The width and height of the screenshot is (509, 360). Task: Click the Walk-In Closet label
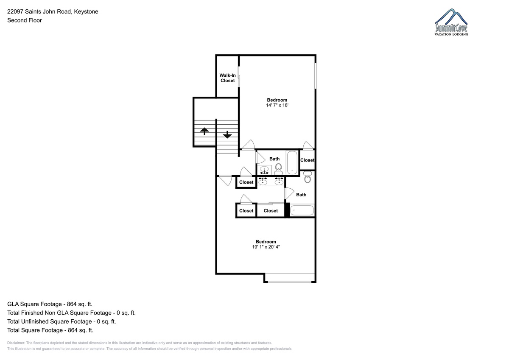click(227, 78)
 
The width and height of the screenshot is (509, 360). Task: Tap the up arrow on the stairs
click(204, 131)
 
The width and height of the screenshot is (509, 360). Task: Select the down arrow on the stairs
click(227, 135)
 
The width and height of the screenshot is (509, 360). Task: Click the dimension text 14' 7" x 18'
click(277, 105)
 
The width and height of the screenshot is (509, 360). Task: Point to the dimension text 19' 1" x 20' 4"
click(266, 247)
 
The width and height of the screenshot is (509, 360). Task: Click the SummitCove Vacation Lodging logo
click(451, 22)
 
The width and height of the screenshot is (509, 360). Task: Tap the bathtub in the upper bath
click(292, 162)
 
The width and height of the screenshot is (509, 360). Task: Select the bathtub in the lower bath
click(302, 210)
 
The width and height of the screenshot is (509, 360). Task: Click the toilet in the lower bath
click(308, 177)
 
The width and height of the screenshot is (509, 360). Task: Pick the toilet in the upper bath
click(278, 169)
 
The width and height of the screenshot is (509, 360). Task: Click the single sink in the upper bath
click(264, 170)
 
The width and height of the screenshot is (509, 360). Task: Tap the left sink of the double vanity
click(263, 181)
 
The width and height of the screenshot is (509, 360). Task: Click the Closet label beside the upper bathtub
click(307, 160)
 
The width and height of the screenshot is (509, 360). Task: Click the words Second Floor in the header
click(25, 20)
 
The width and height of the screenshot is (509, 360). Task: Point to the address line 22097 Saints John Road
click(40, 11)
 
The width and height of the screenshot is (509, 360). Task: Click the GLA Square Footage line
click(50, 304)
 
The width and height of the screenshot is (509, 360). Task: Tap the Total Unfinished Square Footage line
click(62, 321)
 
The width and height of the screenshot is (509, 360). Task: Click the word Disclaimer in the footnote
click(16, 343)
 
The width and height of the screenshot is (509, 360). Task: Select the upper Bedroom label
click(277, 100)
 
